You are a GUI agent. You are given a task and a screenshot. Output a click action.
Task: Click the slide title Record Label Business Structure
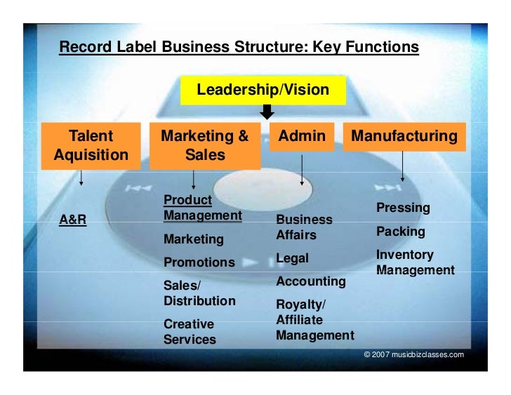[239, 48]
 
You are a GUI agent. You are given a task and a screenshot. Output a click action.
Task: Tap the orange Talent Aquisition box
[91, 145]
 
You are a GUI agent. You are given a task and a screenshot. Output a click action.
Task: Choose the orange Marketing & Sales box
[205, 145]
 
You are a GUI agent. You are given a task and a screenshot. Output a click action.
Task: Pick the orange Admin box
[302, 137]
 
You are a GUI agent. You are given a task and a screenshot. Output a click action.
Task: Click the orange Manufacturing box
[404, 137]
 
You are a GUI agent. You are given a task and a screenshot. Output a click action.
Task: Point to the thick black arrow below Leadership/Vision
[266, 112]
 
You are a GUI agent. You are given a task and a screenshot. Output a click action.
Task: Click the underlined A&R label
[73, 220]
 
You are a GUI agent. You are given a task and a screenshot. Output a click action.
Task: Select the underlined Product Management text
[202, 208]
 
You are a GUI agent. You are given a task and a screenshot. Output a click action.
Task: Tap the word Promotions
[199, 262]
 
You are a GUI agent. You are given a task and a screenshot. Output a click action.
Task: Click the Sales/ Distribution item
[199, 293]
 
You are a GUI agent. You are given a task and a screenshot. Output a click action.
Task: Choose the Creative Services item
[190, 332]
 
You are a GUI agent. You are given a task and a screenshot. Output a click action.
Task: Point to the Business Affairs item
[304, 227]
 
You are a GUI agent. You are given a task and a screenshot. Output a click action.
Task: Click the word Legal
[292, 258]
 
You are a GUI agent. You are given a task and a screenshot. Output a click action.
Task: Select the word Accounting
[311, 281]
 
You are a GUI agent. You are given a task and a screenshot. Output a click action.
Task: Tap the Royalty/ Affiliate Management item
[314, 320]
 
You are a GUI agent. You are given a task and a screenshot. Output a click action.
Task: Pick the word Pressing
[403, 208]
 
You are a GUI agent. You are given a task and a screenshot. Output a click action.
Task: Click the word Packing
[401, 232]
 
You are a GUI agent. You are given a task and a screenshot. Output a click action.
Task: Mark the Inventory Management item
[415, 262]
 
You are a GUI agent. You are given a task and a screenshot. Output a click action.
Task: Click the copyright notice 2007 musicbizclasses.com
[414, 355]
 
